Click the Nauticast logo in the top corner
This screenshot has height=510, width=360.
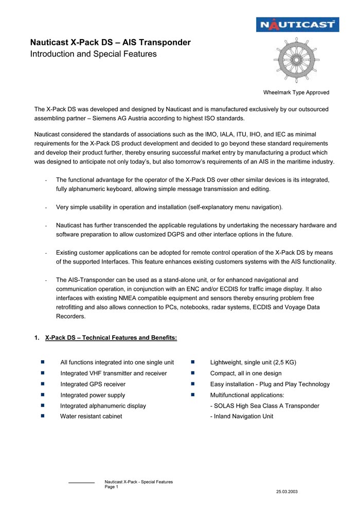tap(297, 24)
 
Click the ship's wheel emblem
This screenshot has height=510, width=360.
tap(296, 61)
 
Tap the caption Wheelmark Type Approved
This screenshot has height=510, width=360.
tap(296, 93)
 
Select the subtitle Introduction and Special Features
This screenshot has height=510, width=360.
tap(93, 54)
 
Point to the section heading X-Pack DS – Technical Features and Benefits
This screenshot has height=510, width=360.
tap(111, 338)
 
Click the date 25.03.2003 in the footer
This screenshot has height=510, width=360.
tap(286, 492)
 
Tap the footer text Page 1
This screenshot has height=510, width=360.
tap(112, 487)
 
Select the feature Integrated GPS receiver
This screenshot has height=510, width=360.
tap(93, 384)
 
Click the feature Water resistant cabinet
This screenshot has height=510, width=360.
tap(91, 416)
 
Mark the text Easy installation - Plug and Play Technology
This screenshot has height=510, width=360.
tap(270, 384)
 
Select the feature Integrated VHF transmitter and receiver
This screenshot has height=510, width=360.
tap(114, 373)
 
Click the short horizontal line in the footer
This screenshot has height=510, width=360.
tap(81, 483)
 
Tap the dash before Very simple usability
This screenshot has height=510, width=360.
tap(47, 207)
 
